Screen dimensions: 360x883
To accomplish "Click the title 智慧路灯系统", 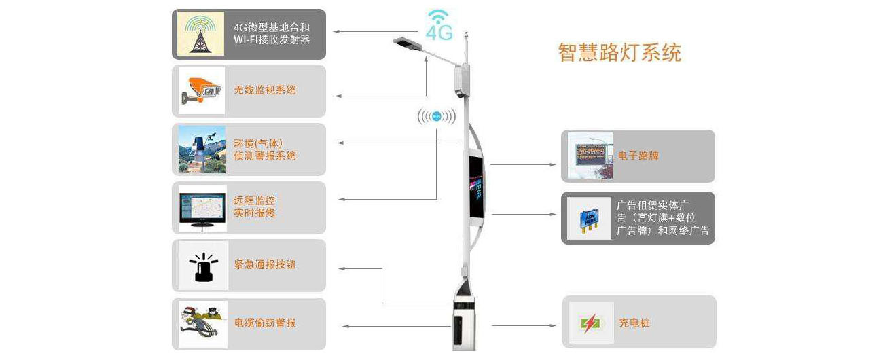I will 619,53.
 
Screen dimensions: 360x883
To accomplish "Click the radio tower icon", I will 200,33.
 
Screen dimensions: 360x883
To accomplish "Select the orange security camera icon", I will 201,90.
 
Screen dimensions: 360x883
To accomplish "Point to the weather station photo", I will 202,149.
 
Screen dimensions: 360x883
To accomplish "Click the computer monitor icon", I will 202,209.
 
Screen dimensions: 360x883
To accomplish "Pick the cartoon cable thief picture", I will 202,323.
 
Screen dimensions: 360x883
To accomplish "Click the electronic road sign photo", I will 590,156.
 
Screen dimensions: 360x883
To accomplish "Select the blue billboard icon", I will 590,218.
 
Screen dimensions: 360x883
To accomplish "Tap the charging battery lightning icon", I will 590,323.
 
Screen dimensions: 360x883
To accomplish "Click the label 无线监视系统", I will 265,90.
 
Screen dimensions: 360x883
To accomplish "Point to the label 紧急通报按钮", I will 265,265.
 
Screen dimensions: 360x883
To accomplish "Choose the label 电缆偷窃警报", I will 265,323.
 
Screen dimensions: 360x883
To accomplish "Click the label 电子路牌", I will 638,156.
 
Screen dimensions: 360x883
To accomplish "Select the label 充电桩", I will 634,323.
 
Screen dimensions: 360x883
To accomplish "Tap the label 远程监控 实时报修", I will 255,207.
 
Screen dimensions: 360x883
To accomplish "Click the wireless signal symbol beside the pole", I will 437,116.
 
